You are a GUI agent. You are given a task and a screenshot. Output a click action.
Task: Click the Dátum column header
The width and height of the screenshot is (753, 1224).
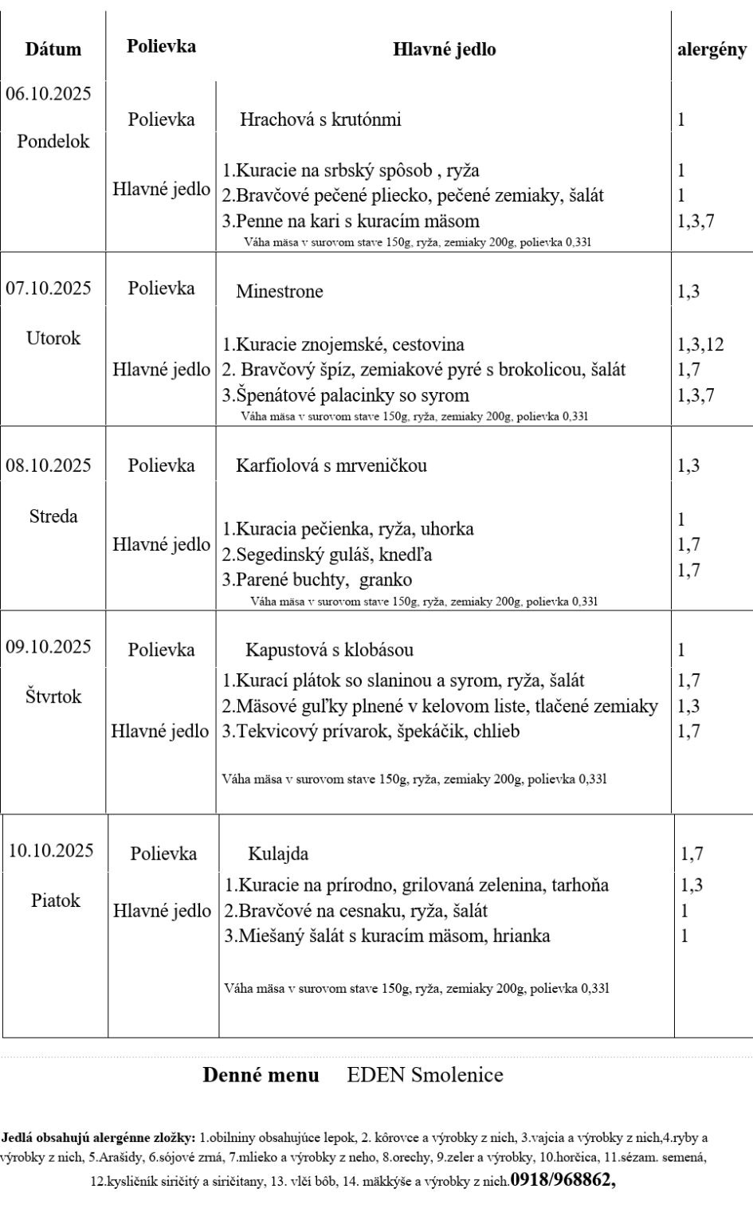click(53, 49)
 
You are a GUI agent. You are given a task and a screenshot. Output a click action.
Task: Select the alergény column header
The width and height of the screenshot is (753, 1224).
click(712, 49)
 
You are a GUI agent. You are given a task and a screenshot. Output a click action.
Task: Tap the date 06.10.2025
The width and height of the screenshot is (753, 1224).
click(49, 94)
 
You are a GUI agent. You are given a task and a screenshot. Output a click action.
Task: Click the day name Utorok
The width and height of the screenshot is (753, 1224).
click(53, 338)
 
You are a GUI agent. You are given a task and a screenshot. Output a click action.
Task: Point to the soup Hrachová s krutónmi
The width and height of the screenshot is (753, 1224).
click(320, 120)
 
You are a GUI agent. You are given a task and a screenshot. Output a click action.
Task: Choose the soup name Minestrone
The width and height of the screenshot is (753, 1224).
click(280, 292)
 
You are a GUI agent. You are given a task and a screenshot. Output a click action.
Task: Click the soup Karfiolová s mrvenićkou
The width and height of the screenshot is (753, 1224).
click(331, 465)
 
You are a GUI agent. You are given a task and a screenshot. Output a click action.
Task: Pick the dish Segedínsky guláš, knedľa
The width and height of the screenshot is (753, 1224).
click(327, 554)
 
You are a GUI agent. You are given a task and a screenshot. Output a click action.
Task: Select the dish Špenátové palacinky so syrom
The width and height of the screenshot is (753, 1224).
click(346, 395)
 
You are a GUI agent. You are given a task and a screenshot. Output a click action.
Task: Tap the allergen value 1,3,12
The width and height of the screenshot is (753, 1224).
click(700, 344)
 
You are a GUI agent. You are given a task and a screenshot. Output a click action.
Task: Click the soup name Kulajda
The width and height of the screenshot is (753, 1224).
click(278, 853)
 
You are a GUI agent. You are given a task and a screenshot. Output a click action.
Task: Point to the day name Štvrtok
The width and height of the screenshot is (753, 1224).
click(53, 696)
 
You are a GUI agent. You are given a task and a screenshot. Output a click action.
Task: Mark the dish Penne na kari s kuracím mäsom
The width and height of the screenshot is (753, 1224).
click(351, 221)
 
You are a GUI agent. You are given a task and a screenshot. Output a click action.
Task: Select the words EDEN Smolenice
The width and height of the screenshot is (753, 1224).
click(425, 1075)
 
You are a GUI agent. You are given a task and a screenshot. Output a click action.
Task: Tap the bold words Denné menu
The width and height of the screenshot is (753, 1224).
click(261, 1075)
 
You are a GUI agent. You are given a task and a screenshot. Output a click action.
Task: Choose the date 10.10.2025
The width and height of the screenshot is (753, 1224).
click(51, 850)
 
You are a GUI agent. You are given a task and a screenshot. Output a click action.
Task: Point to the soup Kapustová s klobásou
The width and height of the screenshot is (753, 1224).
click(329, 650)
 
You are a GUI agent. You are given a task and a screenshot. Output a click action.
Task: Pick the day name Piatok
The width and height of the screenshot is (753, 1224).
click(56, 900)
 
